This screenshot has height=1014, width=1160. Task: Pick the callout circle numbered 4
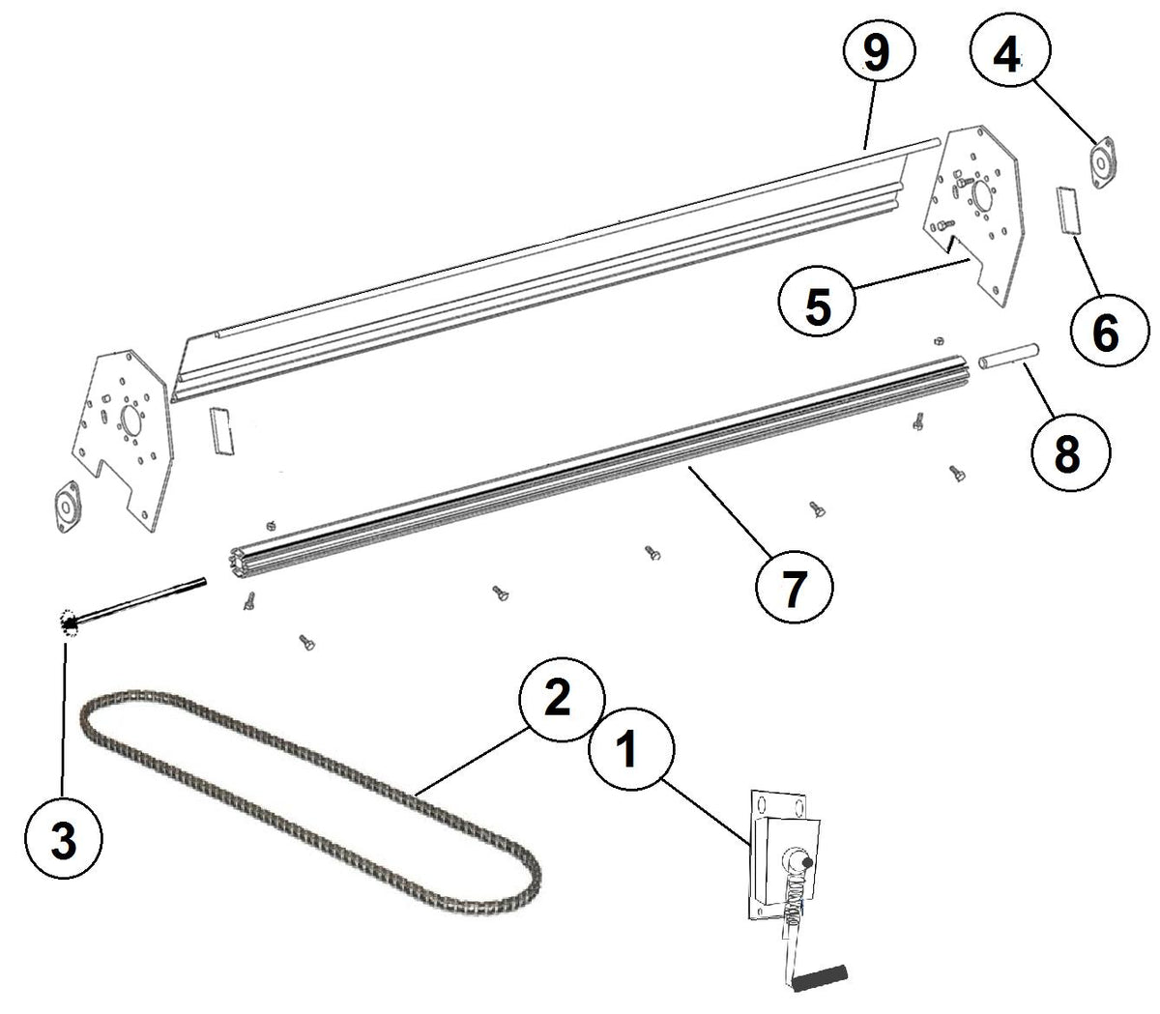point(1007,58)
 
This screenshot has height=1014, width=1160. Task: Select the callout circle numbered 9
point(875,54)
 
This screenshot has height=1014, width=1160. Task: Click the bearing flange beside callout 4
point(1102,161)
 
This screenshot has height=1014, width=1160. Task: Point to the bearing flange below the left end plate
point(66,506)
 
